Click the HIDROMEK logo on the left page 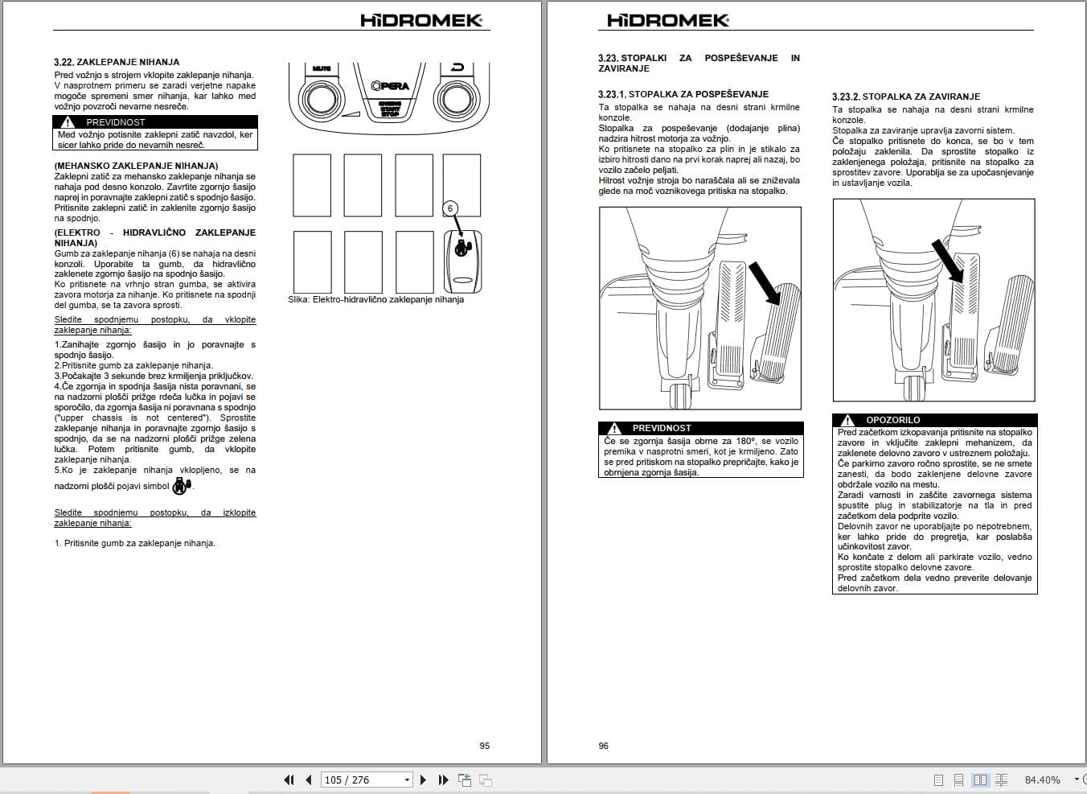point(421,20)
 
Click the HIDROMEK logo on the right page point(668,20)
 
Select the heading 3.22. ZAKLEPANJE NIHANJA point(117,62)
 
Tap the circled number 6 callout point(450,208)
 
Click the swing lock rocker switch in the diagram point(462,261)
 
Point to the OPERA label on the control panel point(390,86)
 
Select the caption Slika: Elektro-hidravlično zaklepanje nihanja point(375,299)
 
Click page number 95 point(484,746)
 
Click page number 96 point(603,746)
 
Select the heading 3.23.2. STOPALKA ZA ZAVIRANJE point(905,97)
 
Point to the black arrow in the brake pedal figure point(947,259)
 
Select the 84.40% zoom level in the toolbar point(1042,780)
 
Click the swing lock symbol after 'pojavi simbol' point(182,485)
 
